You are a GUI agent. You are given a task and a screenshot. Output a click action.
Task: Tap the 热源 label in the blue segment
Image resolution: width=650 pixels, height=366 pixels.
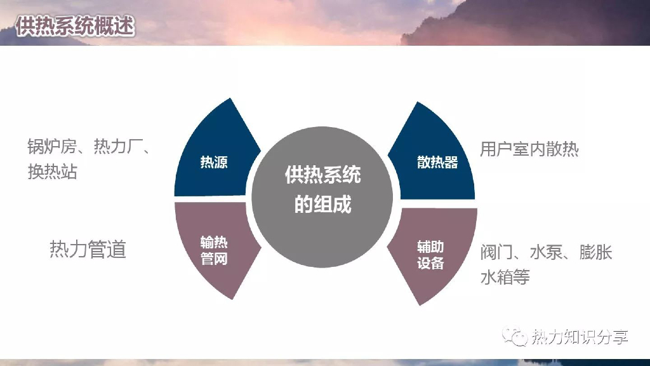(x=214, y=162)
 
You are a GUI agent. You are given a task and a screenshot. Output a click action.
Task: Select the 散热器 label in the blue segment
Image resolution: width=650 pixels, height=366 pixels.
(x=437, y=162)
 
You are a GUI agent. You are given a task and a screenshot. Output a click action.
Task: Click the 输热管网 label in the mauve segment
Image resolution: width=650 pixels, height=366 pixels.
(x=214, y=250)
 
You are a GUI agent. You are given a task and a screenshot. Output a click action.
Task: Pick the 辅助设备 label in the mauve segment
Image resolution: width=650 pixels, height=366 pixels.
(x=430, y=254)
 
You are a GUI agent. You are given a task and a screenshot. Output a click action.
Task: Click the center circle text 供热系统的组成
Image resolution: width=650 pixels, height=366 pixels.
(x=323, y=189)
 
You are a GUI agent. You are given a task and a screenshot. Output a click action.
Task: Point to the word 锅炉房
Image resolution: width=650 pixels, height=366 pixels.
(x=51, y=147)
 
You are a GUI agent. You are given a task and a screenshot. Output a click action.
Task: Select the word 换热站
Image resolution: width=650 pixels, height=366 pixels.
(x=52, y=172)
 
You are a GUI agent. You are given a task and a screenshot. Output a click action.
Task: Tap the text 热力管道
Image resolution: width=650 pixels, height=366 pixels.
(x=88, y=249)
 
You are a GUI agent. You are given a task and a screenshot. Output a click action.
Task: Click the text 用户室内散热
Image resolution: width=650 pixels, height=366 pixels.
(x=529, y=149)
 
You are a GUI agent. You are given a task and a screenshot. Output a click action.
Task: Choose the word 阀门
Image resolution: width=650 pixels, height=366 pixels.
(x=496, y=252)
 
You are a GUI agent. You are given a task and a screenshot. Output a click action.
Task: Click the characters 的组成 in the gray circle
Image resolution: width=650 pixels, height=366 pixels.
(x=323, y=205)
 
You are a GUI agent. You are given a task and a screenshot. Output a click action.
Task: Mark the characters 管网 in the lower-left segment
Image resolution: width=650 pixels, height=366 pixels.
(x=214, y=259)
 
